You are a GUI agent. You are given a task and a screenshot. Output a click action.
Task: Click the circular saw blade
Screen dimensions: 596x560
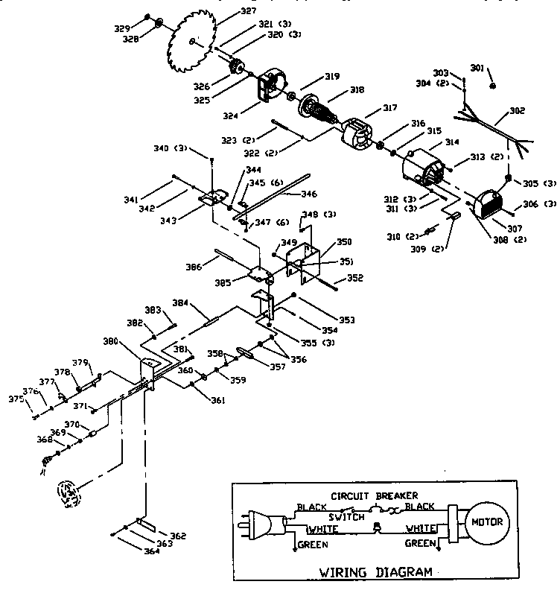point(192,40)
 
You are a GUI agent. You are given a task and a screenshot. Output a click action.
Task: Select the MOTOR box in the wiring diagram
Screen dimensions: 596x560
point(486,521)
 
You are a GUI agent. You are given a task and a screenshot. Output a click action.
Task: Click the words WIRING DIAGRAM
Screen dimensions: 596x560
point(375,573)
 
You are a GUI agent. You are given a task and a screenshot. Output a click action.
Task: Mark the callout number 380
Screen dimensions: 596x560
point(112,341)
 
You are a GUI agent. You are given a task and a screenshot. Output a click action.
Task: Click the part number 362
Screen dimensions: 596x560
point(177,536)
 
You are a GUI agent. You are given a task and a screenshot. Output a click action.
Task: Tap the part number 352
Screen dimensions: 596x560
point(355,279)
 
